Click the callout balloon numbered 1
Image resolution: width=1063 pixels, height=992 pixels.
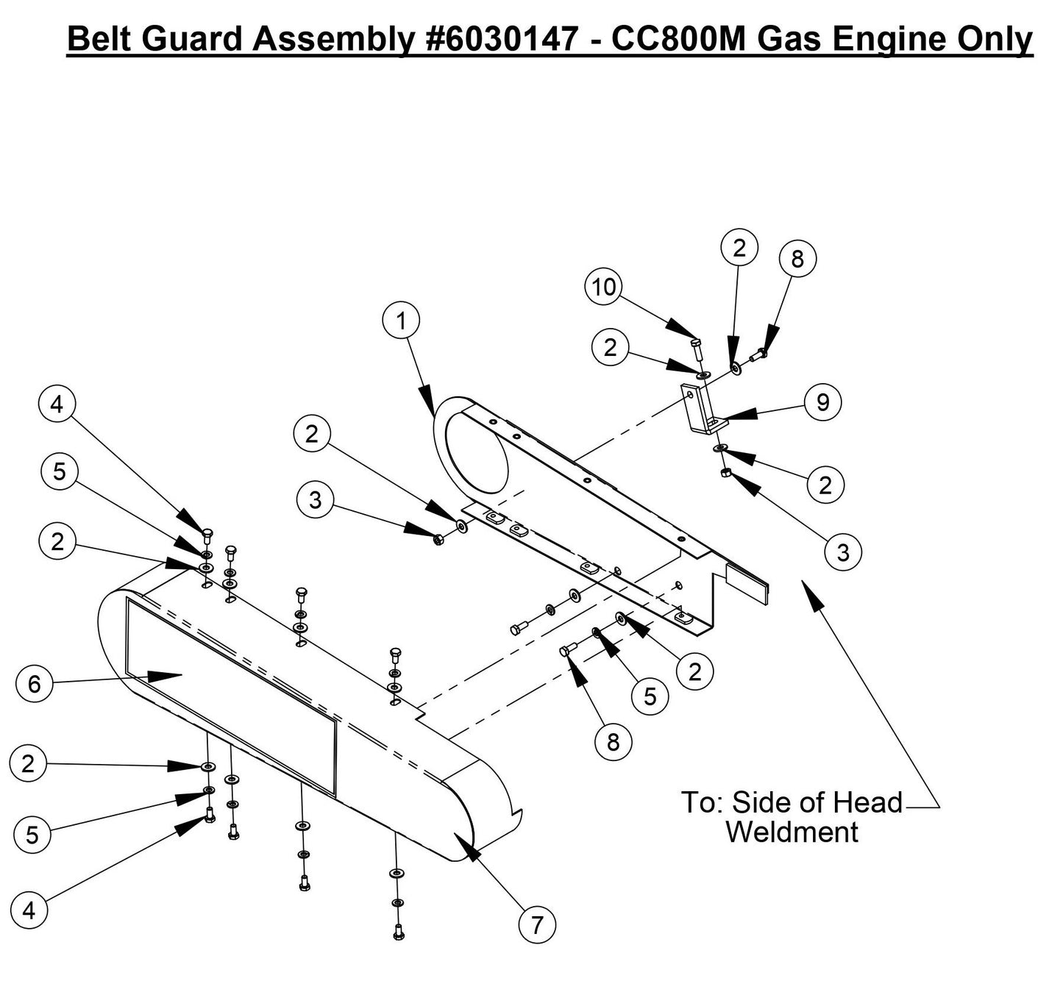401,321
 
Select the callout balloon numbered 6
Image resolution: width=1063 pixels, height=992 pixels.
34,684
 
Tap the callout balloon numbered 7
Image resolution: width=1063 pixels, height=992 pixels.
537,924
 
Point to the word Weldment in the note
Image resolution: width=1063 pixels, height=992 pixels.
792,832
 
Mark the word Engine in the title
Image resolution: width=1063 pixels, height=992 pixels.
890,38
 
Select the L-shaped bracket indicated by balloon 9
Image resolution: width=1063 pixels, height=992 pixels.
699,408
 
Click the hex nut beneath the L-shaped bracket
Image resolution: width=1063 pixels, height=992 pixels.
725,472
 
